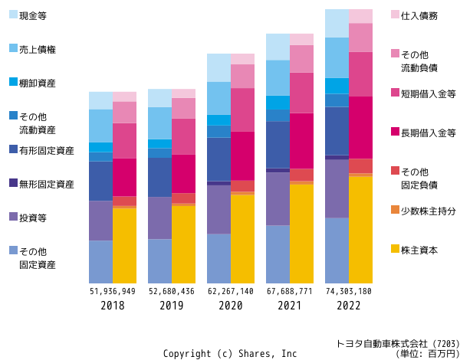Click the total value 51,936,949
113,291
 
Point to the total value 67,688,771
290,291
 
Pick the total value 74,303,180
348,291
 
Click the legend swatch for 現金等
13,15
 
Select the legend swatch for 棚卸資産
13,82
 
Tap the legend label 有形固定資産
47,151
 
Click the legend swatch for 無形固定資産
13,184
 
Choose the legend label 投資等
33,218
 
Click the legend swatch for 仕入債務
396,15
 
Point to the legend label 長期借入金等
429,132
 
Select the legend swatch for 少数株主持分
396,210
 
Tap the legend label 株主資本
418,249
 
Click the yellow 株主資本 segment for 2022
360,230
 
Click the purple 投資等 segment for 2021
278,199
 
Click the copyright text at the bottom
230,353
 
